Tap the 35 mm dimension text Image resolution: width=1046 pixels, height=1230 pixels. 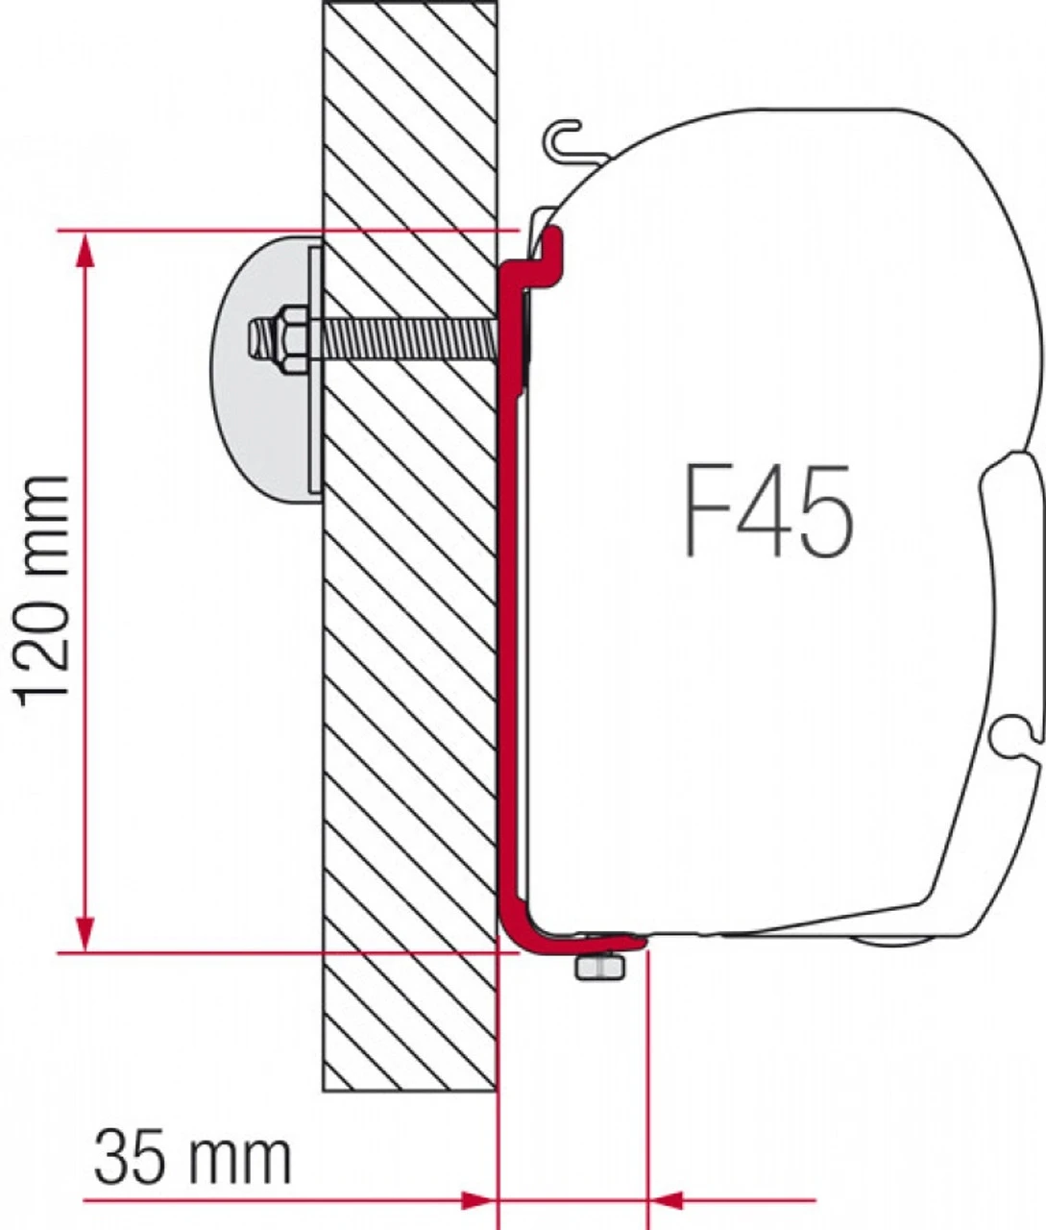[x=192, y=1157]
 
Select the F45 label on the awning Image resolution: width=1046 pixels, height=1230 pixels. [x=768, y=510]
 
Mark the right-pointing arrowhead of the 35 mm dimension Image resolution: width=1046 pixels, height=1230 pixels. [x=476, y=1200]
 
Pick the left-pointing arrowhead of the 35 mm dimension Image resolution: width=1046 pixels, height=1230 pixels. [x=667, y=1200]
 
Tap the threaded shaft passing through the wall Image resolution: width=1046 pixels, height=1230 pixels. [x=403, y=337]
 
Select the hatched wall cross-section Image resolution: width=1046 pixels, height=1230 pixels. [x=410, y=673]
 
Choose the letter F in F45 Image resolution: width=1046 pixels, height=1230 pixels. [x=706, y=510]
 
